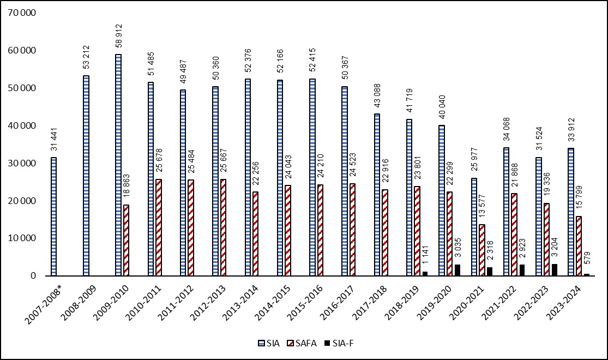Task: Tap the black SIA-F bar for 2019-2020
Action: [x=457, y=270]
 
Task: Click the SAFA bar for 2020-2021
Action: [x=481, y=250]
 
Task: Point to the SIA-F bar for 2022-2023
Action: [x=555, y=270]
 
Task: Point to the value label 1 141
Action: [x=425, y=255]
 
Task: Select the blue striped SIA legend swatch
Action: [x=261, y=343]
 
